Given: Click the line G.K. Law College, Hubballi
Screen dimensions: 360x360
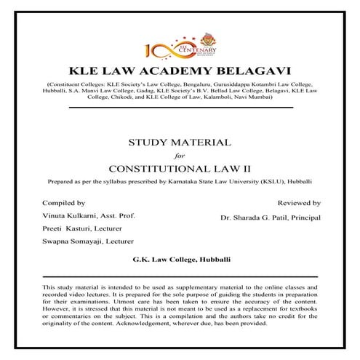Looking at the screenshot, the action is click(x=180, y=259).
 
